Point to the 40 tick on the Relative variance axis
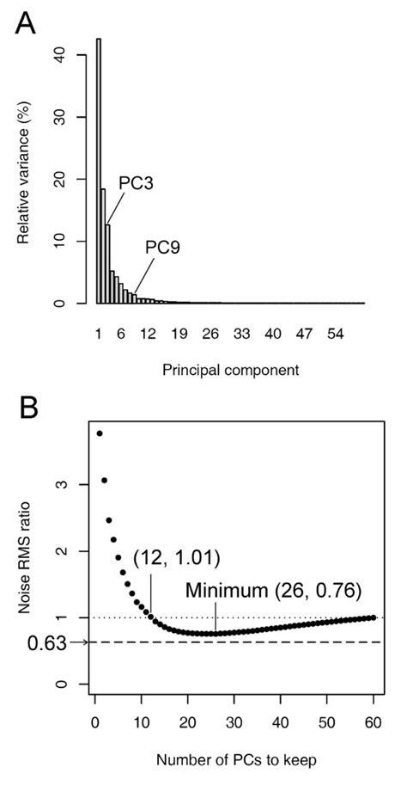(58, 55)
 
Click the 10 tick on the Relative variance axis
(58, 242)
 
